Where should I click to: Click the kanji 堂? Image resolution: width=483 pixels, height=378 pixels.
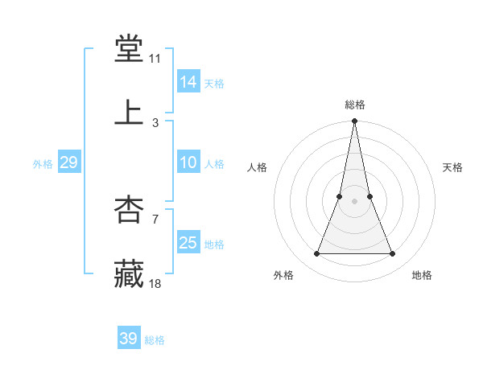129,50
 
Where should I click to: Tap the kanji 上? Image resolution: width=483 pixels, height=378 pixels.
129,113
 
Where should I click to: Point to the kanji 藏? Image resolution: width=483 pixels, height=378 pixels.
129,273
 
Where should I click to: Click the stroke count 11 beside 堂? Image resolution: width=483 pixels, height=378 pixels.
155,59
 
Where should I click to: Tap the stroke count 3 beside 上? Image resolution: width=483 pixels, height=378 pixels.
155,122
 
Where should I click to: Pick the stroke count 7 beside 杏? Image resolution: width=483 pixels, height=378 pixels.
155,219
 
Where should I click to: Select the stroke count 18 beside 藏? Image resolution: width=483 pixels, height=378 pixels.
155,283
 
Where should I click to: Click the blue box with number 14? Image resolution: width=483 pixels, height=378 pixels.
188,82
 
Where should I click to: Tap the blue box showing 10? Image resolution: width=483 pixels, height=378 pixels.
188,162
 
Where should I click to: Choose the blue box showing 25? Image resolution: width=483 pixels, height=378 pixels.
188,243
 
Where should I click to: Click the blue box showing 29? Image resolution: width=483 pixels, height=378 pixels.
68,162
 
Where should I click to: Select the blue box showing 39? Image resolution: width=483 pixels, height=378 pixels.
129,339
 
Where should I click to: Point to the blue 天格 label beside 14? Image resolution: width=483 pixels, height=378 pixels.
214,84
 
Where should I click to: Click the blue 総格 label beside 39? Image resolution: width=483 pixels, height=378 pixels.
155,340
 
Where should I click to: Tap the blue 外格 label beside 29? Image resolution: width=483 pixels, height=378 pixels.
43,164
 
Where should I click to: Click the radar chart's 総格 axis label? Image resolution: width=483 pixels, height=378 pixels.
355,105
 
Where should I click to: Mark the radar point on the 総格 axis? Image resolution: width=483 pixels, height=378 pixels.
355,121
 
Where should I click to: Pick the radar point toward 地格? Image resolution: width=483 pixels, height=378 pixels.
393,254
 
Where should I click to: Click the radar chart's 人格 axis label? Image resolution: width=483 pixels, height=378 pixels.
257,167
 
